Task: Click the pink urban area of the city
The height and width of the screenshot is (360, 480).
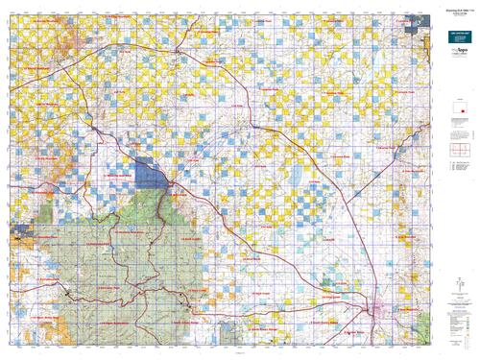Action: point(378,309)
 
